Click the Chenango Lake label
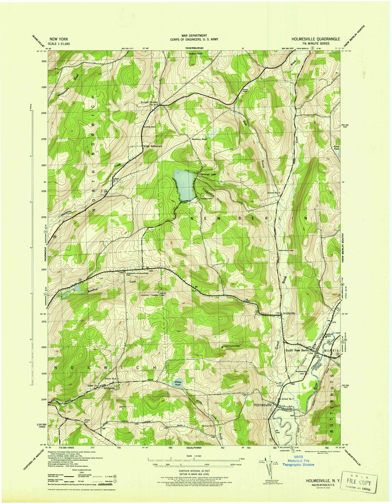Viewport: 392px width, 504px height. pyautogui.click(x=207, y=174)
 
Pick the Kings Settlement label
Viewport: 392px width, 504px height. pyautogui.click(x=153, y=146)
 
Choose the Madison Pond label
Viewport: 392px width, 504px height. pyautogui.click(x=199, y=139)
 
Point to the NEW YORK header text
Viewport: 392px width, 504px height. pyautogui.click(x=58, y=39)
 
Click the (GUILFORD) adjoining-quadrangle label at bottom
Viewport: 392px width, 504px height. pyautogui.click(x=194, y=447)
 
